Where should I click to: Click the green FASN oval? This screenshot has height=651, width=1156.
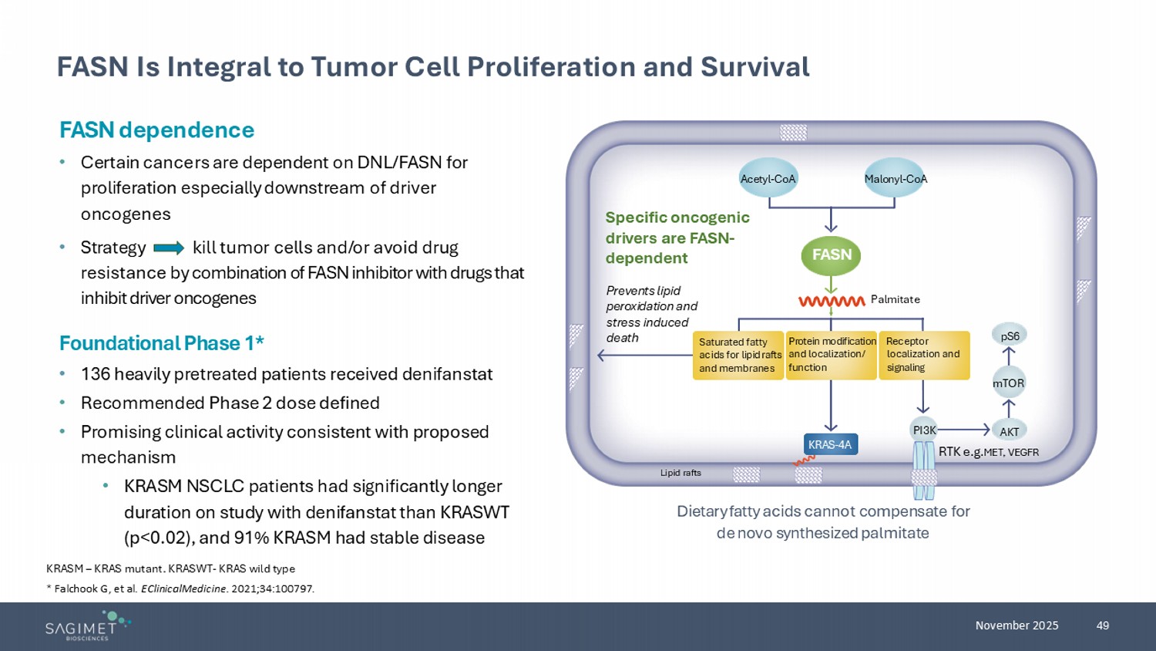(831, 255)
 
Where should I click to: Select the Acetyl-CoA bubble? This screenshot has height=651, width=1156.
(768, 179)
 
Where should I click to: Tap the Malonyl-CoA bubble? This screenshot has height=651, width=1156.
(895, 179)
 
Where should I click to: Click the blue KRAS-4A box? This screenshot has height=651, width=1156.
(830, 444)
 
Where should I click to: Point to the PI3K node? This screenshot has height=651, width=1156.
(923, 430)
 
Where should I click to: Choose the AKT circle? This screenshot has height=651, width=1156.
(1009, 432)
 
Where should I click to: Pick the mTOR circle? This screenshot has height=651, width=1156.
(1008, 383)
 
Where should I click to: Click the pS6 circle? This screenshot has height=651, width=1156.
(1010, 336)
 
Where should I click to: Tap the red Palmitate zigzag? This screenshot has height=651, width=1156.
(832, 301)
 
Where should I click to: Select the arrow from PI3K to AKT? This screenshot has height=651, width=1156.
(963, 430)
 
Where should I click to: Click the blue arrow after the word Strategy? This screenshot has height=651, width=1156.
(169, 248)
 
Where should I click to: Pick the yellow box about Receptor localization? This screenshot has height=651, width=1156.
(924, 355)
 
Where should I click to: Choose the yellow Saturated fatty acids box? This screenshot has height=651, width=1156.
(738, 356)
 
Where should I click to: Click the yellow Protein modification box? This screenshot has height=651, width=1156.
(831, 355)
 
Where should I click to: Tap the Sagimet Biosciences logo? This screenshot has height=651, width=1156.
(87, 626)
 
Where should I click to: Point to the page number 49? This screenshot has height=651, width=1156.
(1103, 626)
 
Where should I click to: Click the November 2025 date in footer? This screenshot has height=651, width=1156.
(1017, 626)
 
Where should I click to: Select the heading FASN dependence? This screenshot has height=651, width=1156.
(156, 130)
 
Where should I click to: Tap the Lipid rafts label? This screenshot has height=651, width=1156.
(680, 473)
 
